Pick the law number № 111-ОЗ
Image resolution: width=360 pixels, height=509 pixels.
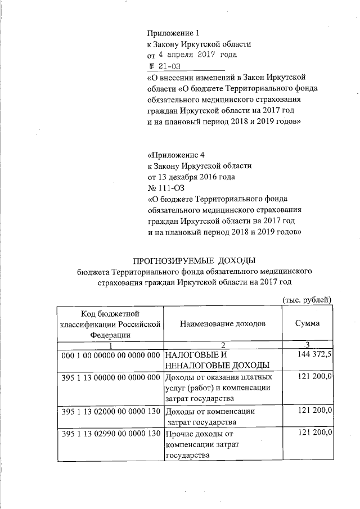pos(165,187)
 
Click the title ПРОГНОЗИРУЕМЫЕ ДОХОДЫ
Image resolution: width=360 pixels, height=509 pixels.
pos(194,260)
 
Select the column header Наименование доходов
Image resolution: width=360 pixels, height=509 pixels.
pos(223,323)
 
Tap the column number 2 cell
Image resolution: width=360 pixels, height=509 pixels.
pos(223,345)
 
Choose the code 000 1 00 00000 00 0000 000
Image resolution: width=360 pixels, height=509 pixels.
pos(111,355)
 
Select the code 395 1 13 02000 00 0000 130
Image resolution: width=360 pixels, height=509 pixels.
pos(111,411)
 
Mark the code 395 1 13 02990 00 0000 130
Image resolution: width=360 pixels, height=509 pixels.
pos(111,434)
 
